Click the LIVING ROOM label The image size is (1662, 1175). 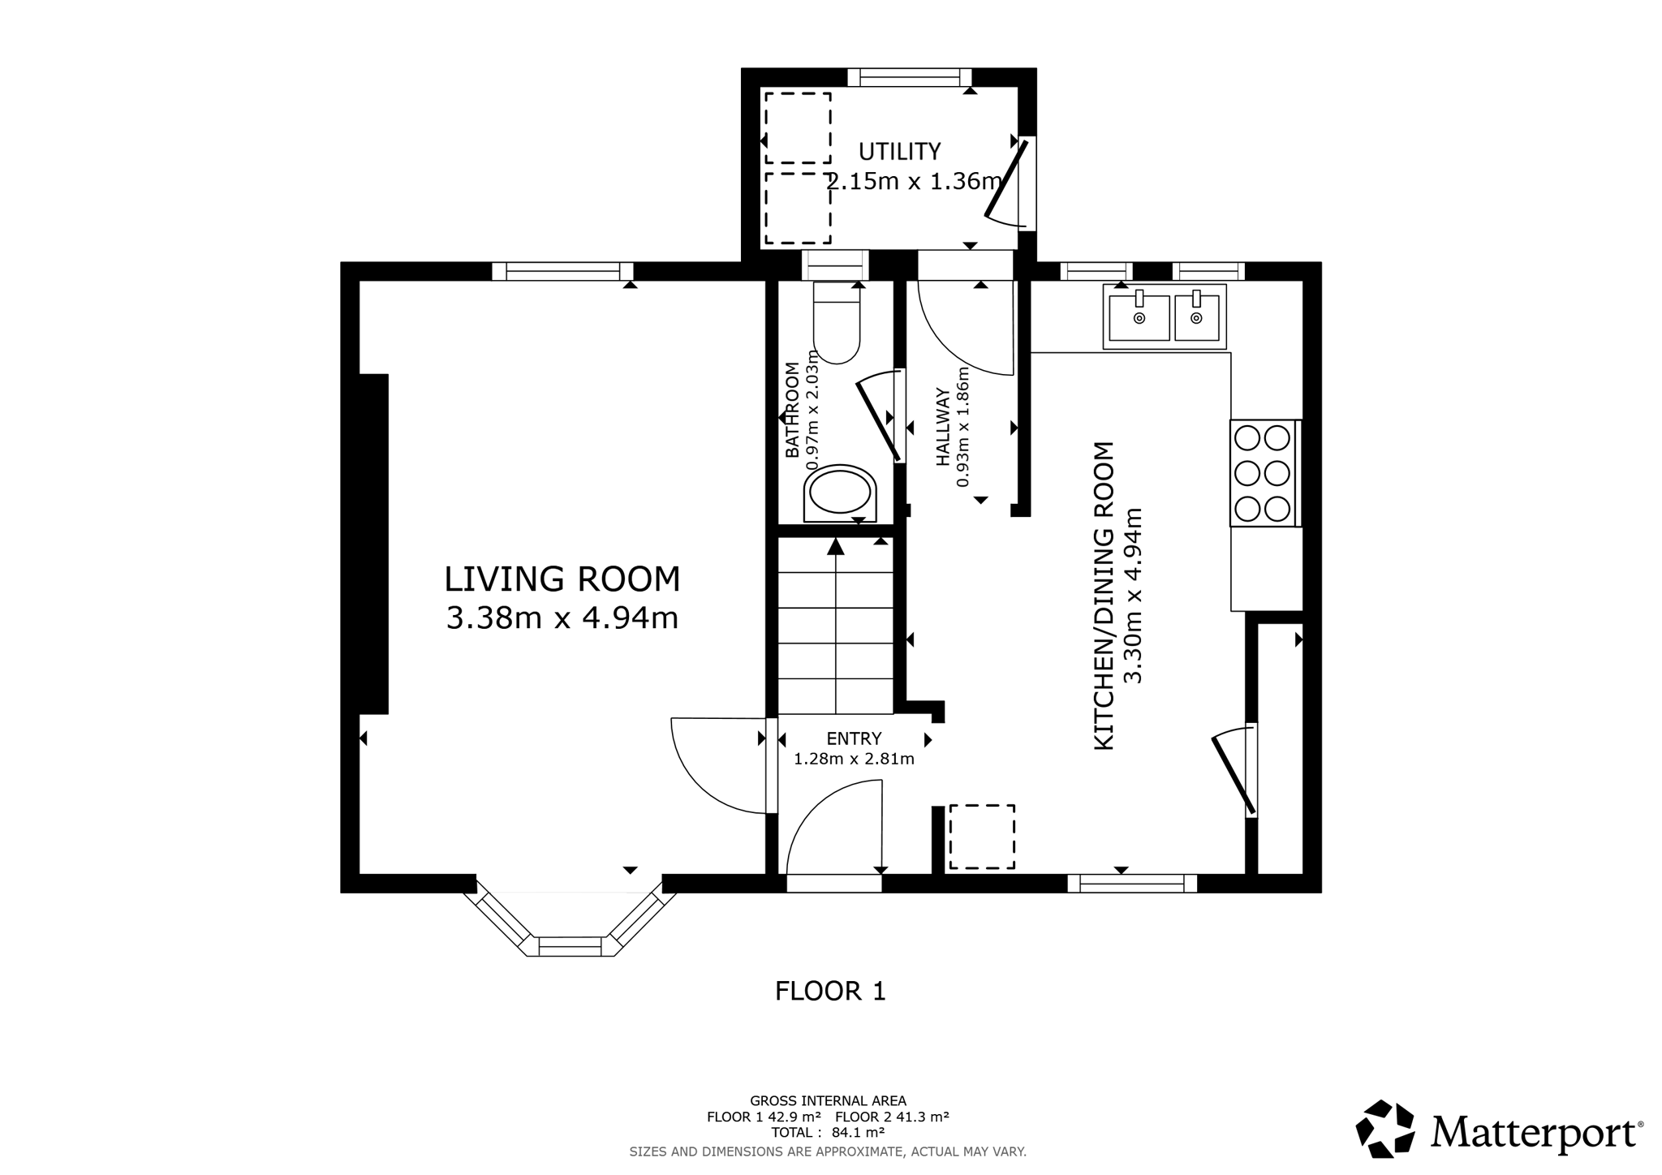pyautogui.click(x=562, y=579)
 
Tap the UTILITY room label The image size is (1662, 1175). pyautogui.click(x=899, y=152)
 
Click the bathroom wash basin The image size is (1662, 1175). pyautogui.click(x=840, y=493)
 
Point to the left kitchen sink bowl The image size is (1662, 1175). pyautogui.click(x=1139, y=317)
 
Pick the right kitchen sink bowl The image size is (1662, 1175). pyautogui.click(x=1196, y=317)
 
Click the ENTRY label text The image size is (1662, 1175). pyautogui.click(x=854, y=739)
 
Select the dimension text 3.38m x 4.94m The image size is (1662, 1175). pyautogui.click(x=562, y=618)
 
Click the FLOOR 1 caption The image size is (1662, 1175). pyautogui.click(x=830, y=991)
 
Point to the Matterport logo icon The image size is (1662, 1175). pyautogui.click(x=1385, y=1129)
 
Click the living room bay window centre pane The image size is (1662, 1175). pyautogui.click(x=571, y=945)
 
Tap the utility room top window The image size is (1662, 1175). pyautogui.click(x=910, y=78)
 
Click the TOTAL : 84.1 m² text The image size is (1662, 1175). pyautogui.click(x=828, y=1133)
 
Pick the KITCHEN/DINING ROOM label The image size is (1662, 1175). pyautogui.click(x=1104, y=596)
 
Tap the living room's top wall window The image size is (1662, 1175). pyautogui.click(x=562, y=271)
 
